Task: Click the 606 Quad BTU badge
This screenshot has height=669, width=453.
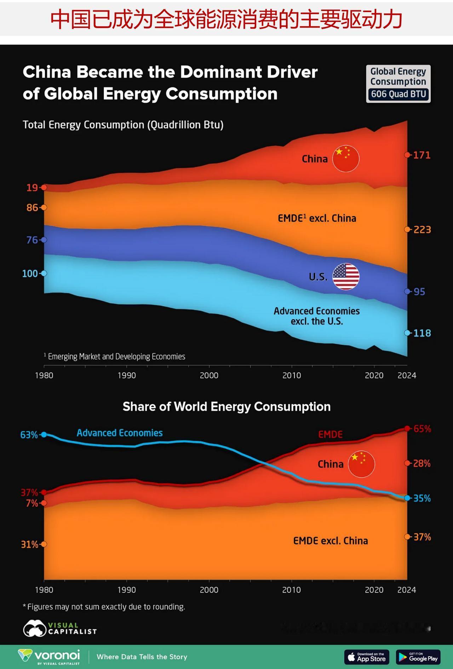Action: point(398,94)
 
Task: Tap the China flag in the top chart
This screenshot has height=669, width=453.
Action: point(346,159)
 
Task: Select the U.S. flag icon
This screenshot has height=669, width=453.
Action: point(346,276)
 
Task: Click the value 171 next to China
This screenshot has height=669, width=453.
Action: point(422,155)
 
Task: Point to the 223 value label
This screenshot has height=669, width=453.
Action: point(422,230)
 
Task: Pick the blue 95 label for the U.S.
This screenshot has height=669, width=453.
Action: point(419,292)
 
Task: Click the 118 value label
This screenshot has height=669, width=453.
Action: point(422,333)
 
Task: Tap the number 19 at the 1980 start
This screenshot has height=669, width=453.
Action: point(32,188)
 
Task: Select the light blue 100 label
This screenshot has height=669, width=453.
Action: point(30,274)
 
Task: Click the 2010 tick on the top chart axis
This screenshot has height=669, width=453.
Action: point(292,375)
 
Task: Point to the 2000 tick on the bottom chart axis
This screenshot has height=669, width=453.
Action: point(209,590)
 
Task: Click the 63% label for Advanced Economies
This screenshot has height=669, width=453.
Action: point(29,435)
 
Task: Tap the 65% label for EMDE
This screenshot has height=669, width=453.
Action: point(422,429)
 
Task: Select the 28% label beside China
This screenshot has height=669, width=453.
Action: point(422,463)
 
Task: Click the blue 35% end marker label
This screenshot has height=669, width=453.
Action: point(422,498)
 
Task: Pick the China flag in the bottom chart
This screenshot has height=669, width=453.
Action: point(361,464)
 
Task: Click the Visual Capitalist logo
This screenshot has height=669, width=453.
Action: point(60,628)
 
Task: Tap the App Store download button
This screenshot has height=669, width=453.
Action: point(367,657)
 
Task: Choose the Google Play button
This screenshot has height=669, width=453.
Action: point(418,657)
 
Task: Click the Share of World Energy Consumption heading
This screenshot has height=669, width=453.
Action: point(226,407)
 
